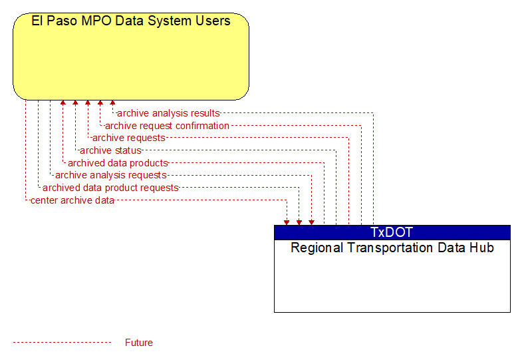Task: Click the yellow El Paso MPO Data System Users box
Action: tap(131, 57)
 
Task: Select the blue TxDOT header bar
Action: tap(392, 232)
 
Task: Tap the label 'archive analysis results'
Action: tap(168, 113)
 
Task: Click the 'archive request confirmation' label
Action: tap(167, 126)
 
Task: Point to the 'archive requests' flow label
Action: tap(129, 138)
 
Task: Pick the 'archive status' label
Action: tap(110, 150)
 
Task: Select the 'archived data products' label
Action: tap(118, 163)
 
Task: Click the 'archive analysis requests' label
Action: tap(111, 175)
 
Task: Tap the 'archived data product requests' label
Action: tap(110, 188)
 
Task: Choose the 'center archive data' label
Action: tap(72, 200)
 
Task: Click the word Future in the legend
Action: tap(138, 343)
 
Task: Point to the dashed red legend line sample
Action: tap(62, 343)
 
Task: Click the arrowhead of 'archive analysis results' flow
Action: tap(112, 102)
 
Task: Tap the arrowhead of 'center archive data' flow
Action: tap(287, 223)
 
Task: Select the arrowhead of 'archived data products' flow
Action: tap(63, 102)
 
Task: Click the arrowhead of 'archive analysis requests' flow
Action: tap(311, 223)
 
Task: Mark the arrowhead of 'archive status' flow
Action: tap(75, 102)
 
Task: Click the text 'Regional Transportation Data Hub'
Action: tap(392, 248)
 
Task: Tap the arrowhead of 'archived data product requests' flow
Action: tap(299, 223)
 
